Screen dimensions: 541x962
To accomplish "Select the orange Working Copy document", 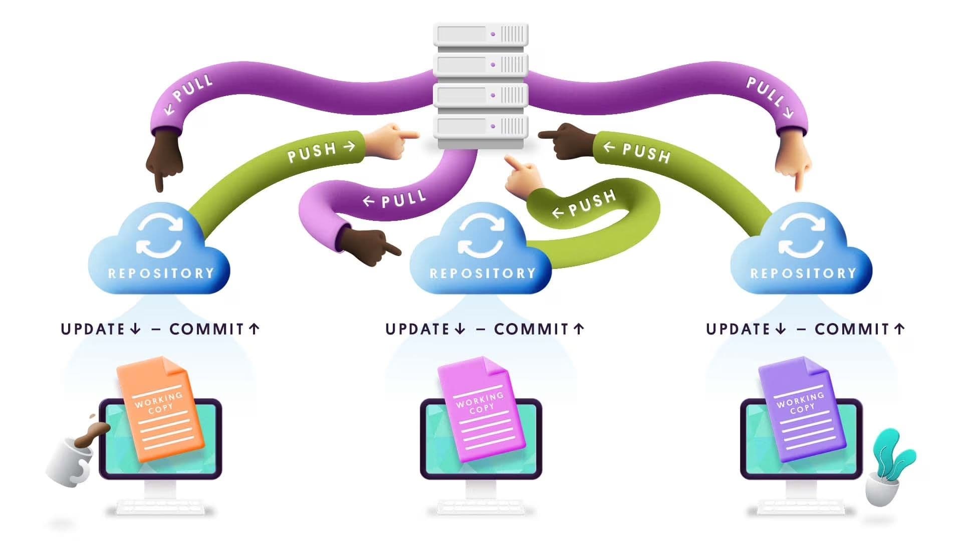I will (x=160, y=408).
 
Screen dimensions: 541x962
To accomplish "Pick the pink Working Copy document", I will (x=481, y=408).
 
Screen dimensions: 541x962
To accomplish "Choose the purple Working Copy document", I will (x=802, y=408).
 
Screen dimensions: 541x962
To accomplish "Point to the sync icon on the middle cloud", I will (x=481, y=235).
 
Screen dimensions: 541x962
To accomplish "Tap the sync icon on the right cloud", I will (x=802, y=235).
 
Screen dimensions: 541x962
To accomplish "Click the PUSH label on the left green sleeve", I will (x=312, y=152).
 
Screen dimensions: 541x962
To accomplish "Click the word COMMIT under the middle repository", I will (x=531, y=329).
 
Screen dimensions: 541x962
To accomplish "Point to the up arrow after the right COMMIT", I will (x=899, y=329).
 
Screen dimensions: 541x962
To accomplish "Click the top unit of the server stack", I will (x=480, y=34).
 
